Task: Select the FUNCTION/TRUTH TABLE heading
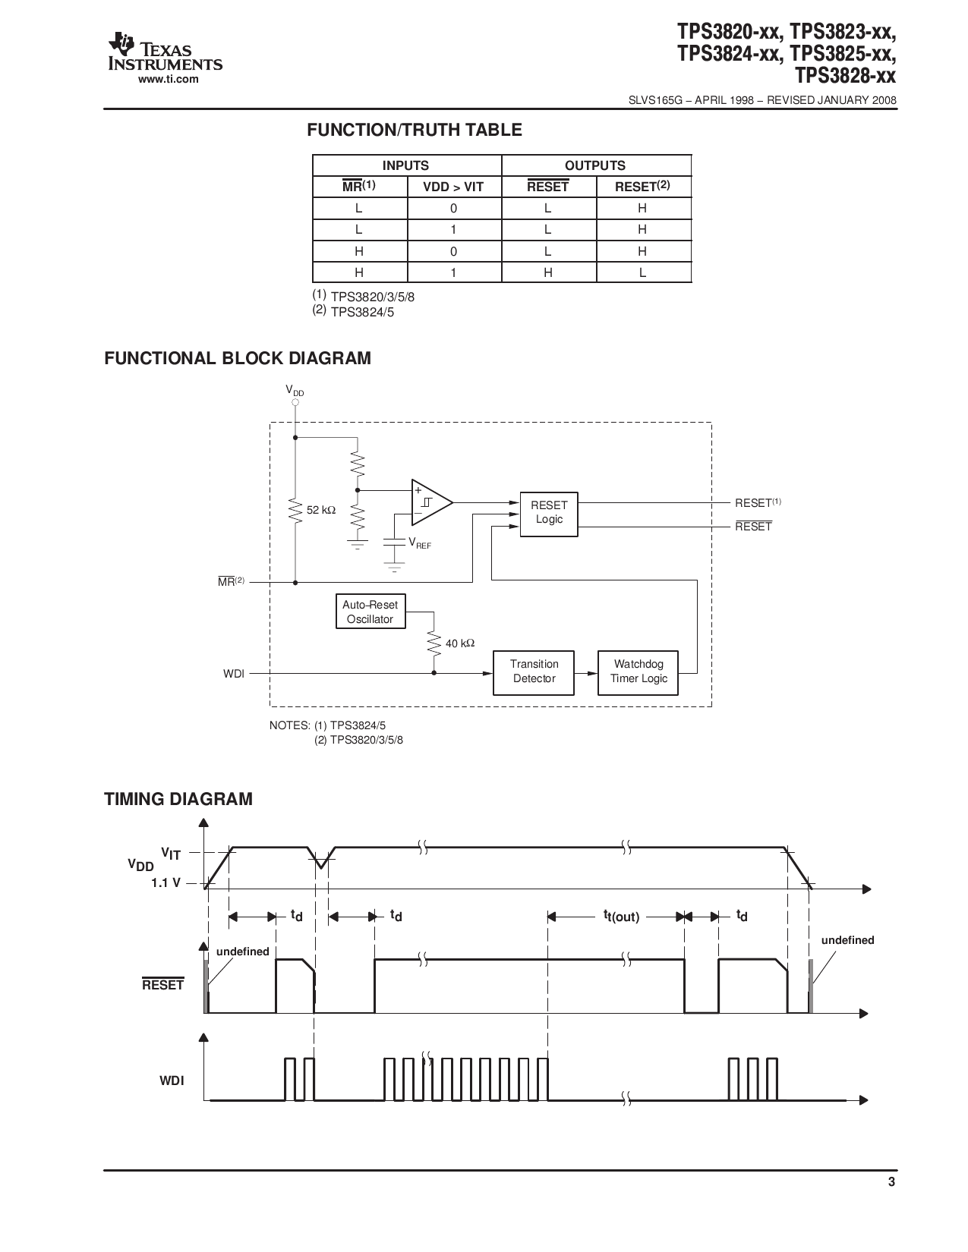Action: click(x=414, y=130)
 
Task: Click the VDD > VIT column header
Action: click(x=453, y=187)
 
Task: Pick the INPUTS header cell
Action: click(x=405, y=165)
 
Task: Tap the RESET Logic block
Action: click(x=548, y=512)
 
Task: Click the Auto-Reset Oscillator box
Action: click(x=370, y=612)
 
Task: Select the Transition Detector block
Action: click(x=534, y=672)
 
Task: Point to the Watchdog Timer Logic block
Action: click(x=638, y=672)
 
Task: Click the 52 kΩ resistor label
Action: click(x=320, y=511)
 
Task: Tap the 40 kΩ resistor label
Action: click(x=460, y=643)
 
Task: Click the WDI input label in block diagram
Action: click(x=234, y=673)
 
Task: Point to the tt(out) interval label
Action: click(x=621, y=917)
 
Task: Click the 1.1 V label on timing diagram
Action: click(x=166, y=883)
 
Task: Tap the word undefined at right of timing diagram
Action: click(x=847, y=940)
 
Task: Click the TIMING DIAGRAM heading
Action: click(x=178, y=799)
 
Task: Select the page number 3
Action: click(x=891, y=1203)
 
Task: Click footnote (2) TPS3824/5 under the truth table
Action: click(x=353, y=311)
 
